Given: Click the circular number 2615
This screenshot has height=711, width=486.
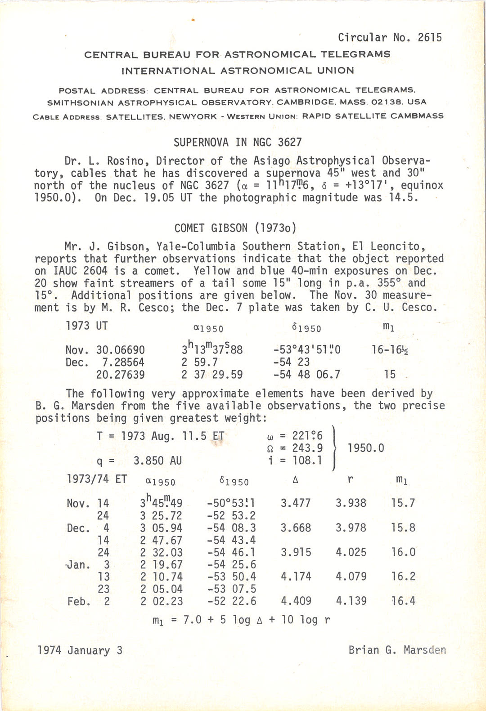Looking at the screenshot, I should click(x=430, y=37).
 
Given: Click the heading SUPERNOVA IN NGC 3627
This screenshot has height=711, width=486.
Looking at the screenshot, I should click(x=238, y=143).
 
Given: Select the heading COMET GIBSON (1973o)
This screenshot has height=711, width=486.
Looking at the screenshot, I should click(x=235, y=228).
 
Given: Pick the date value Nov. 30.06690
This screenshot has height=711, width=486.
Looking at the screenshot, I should click(x=105, y=350).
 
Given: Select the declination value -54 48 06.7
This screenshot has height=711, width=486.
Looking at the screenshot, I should click(x=306, y=375).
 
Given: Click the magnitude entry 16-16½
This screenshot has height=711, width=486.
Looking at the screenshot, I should click(x=390, y=349).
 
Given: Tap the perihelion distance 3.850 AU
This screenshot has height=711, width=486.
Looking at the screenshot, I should click(x=157, y=461).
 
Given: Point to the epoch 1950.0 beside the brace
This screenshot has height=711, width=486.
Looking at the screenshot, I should click(x=366, y=448).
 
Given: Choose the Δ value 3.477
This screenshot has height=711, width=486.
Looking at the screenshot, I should click(x=296, y=503).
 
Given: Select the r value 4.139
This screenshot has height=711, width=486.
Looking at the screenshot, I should click(x=351, y=601).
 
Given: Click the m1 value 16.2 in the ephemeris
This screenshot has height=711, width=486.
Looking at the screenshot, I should click(x=403, y=577).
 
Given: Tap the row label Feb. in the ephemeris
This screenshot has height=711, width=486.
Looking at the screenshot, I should click(x=79, y=601).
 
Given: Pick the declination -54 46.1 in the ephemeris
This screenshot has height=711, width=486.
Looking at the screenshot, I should click(x=231, y=552).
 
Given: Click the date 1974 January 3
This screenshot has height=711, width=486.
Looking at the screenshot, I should click(x=80, y=650).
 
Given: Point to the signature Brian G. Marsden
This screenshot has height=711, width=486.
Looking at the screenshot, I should click(x=397, y=650).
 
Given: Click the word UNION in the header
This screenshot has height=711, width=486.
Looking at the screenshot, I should click(x=334, y=71).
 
